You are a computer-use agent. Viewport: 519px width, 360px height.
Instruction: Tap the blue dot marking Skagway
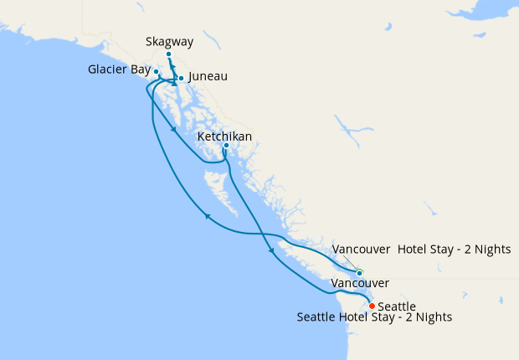point(169,54)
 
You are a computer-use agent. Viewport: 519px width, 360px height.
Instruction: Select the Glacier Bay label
point(120,69)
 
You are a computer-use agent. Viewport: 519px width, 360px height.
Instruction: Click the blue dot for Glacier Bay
point(157,72)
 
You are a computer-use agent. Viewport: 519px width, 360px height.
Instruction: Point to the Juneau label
point(208,76)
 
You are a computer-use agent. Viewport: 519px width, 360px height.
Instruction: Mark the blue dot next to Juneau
point(182,79)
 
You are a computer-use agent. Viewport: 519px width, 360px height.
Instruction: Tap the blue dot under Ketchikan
point(226,146)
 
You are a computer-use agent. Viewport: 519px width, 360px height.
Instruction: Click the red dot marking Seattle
point(372,306)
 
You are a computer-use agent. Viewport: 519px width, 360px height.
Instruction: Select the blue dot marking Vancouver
point(359,273)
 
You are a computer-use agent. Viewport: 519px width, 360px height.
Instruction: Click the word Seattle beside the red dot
point(398,306)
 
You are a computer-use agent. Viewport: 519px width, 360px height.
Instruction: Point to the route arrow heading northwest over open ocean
point(207,218)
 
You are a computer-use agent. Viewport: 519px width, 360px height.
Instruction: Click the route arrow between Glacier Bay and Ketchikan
point(172,129)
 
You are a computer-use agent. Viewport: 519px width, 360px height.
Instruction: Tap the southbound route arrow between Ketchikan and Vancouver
point(270,250)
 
